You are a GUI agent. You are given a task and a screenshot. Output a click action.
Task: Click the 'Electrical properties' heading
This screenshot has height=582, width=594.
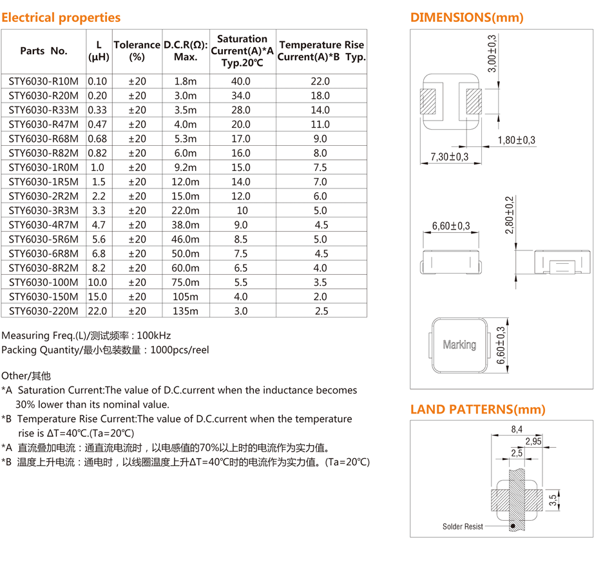[61, 17]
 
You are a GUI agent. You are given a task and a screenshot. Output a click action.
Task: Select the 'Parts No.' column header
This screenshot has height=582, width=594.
[43, 51]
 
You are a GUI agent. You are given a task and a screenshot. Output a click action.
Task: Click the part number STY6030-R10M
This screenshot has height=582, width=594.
[43, 81]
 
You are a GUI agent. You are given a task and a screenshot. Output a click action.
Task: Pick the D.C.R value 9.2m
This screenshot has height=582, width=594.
[186, 167]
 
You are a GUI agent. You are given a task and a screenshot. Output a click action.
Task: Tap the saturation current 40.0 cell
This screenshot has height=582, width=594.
[240, 81]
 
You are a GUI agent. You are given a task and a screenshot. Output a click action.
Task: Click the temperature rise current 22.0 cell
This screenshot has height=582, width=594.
[320, 81]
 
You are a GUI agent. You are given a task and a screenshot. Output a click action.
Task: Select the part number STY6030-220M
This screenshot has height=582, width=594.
[43, 311]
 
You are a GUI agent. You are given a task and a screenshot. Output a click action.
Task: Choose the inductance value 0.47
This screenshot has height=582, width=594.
[98, 125]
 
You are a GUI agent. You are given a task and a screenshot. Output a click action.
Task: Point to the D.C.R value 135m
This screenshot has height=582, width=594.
[186, 311]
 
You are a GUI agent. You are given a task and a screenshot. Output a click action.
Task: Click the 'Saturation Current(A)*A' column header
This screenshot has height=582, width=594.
[242, 50]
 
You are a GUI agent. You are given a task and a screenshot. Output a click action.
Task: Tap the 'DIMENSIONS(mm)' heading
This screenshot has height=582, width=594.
[467, 17]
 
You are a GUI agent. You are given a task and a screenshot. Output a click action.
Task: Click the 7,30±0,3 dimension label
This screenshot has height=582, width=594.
[450, 157]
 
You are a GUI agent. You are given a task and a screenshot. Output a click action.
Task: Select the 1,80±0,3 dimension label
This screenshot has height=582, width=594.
[516, 140]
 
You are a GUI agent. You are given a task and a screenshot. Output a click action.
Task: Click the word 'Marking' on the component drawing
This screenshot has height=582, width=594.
[459, 345]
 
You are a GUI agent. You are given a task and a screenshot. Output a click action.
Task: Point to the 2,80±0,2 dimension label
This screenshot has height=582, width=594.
[510, 214]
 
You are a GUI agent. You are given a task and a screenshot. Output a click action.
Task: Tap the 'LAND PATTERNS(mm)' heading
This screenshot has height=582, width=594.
[478, 410]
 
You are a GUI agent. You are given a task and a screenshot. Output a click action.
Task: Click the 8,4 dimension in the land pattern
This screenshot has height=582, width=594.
[517, 429]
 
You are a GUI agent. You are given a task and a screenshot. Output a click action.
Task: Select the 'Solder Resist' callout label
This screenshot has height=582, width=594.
[463, 527]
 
